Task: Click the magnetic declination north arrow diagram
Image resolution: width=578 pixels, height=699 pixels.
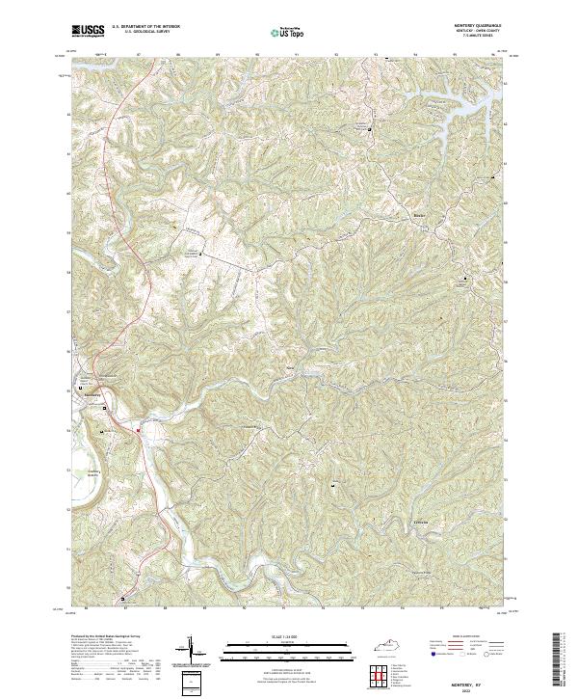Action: pos(191,650)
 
